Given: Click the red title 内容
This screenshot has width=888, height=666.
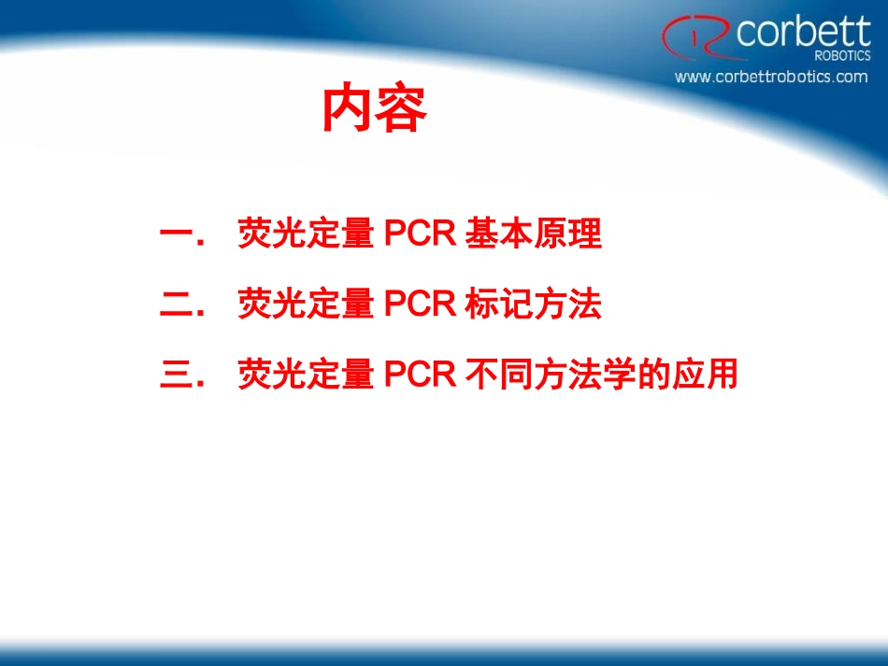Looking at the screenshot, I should pyautogui.click(x=374, y=111).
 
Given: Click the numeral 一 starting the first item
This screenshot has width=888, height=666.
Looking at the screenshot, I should pyautogui.click(x=178, y=234).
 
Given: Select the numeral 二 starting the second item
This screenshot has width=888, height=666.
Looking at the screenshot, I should pyautogui.click(x=178, y=305).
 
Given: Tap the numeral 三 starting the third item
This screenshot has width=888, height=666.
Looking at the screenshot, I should pyautogui.click(x=178, y=376).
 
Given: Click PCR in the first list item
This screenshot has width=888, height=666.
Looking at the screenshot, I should pyautogui.click(x=419, y=234).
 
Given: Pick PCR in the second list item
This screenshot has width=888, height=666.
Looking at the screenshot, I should pyautogui.click(x=419, y=305).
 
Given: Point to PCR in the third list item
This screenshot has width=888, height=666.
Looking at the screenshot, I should pyautogui.click(x=419, y=376).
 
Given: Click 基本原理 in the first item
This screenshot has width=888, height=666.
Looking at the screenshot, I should pyautogui.click(x=533, y=234).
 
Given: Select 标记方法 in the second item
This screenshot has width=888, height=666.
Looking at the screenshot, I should pyautogui.click(x=533, y=305).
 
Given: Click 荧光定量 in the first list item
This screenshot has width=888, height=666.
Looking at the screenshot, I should pyautogui.click(x=306, y=234).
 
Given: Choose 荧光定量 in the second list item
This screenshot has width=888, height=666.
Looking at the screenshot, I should pyautogui.click(x=306, y=305).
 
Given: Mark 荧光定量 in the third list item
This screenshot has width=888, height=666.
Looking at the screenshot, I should pyautogui.click(x=306, y=376).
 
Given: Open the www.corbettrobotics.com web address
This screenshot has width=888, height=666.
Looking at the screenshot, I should pyautogui.click(x=771, y=77).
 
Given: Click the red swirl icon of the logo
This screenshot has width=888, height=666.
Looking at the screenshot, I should pyautogui.click(x=696, y=36).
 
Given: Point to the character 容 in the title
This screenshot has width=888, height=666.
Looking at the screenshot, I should pyautogui.click(x=401, y=111).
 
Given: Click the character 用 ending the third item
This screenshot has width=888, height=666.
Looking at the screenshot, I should pyautogui.click(x=722, y=376).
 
